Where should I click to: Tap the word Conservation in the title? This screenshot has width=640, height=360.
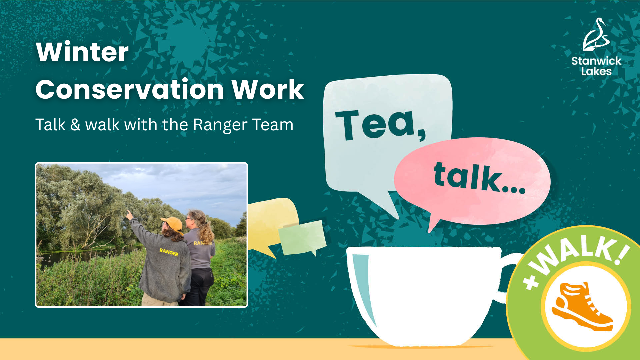129,89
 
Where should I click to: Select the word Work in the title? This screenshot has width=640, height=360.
268,89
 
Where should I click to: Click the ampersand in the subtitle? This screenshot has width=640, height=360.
75,125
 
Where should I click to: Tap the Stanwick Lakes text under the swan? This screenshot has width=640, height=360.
596,66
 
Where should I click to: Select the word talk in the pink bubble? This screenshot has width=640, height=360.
479,177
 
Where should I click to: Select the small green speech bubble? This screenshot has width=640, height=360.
302,237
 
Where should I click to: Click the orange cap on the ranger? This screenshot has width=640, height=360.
172,224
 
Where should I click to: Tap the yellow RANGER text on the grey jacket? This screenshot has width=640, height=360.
169,252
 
